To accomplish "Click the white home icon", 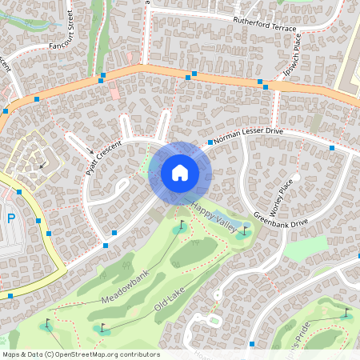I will [180, 172].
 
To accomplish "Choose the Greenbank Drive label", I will [281, 219].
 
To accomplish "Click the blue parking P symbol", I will [10, 218].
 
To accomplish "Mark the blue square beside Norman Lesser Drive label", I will [210, 142].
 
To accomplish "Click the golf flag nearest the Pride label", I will [346, 311].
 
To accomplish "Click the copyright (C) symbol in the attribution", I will [50, 354].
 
